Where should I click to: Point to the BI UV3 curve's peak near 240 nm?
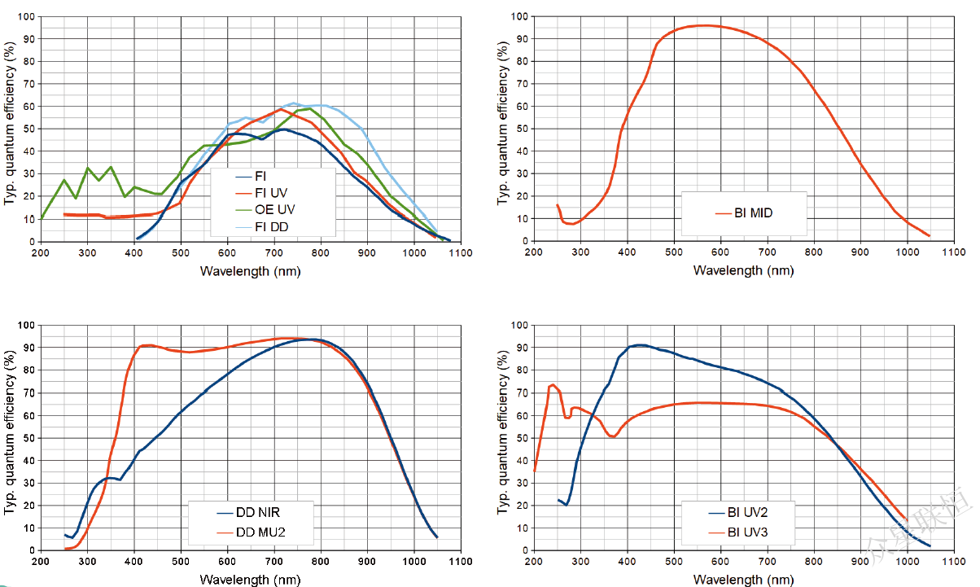pyautogui.click(x=553, y=384)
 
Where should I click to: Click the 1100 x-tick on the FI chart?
pyautogui.click(x=461, y=252)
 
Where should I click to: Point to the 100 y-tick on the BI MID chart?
pyautogui.click(x=518, y=16)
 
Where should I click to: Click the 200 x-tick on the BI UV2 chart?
pyautogui.click(x=534, y=562)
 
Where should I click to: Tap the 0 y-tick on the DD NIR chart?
pyautogui.click(x=29, y=551)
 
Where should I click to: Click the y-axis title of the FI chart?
pyautogui.click(x=10, y=129)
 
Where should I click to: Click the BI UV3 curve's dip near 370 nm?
pyautogui.click(x=613, y=437)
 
